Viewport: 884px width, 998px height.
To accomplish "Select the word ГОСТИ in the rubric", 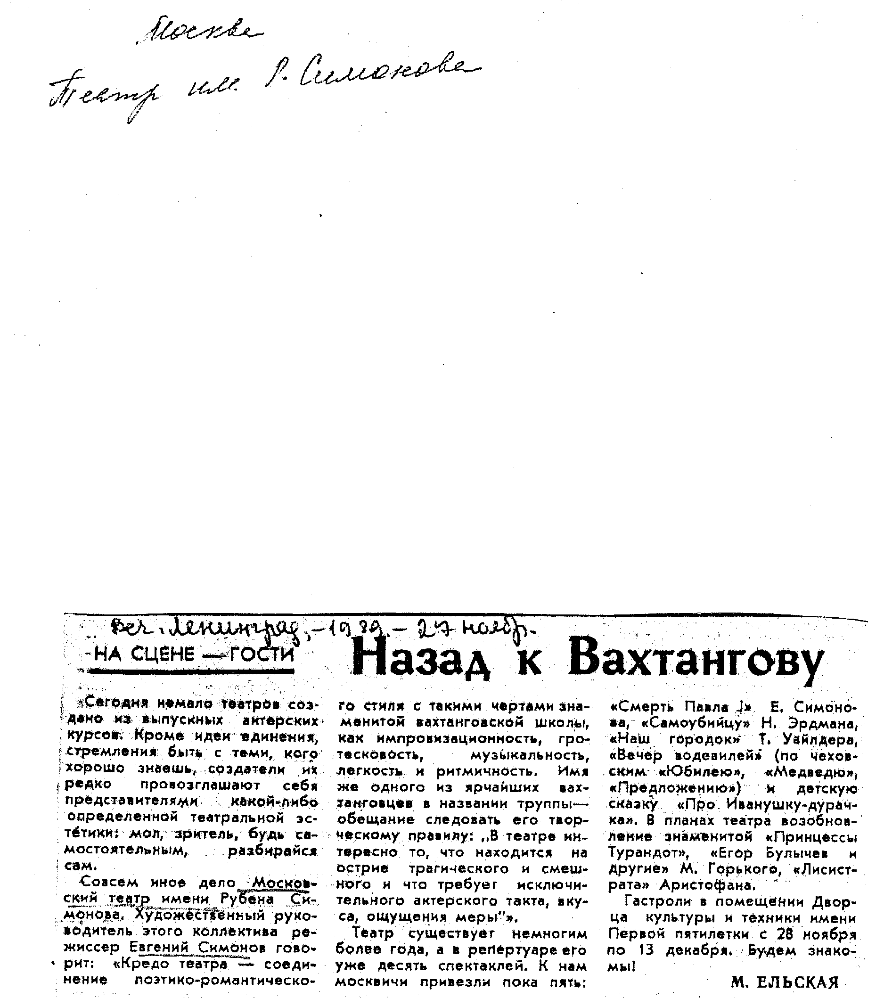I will [x=263, y=653].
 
